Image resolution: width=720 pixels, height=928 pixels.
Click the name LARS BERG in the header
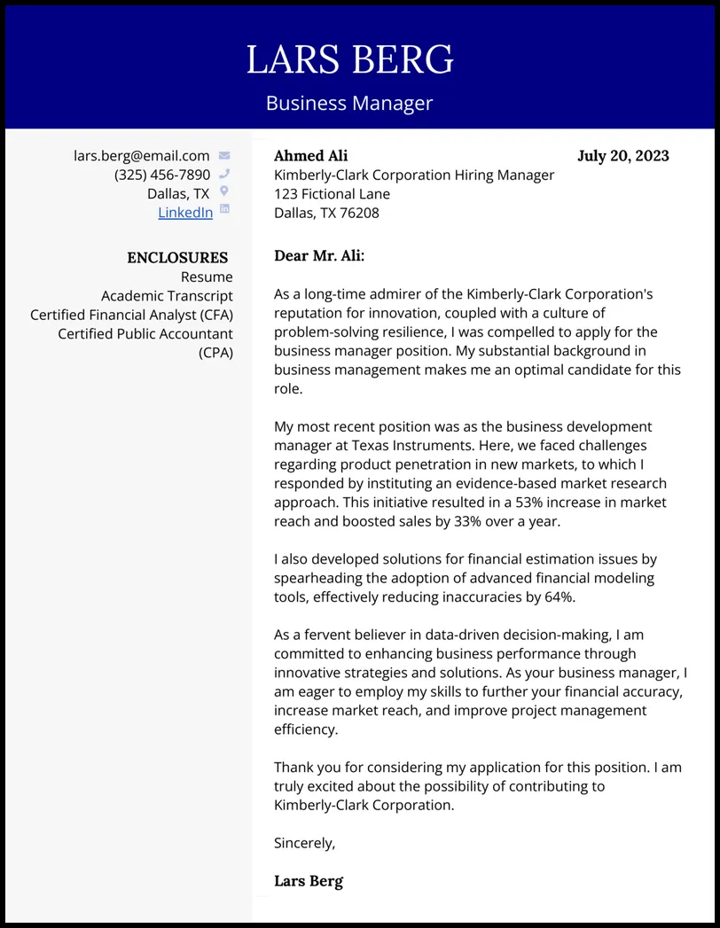pos(349,60)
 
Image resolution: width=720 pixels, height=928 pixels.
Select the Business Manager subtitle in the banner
pos(349,103)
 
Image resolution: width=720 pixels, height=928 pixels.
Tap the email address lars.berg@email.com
pos(142,156)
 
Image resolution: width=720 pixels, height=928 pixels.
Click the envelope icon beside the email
pos(224,156)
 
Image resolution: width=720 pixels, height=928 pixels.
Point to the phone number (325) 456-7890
pos(162,175)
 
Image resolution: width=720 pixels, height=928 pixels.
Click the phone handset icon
pos(224,175)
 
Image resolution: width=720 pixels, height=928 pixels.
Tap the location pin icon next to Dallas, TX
pos(224,191)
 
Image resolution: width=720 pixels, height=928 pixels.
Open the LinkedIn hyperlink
pos(185,212)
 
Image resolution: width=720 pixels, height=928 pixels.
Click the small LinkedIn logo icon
pos(224,209)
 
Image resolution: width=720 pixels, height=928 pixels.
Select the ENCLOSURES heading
pos(177,258)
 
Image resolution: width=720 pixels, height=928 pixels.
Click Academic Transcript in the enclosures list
pos(167,296)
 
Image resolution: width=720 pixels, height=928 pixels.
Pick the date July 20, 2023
pos(622,156)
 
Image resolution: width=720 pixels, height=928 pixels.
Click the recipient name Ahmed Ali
pos(310,156)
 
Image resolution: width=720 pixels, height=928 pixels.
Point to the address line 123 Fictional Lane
pos(332,194)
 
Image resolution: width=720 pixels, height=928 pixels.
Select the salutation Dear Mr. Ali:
pos(319,256)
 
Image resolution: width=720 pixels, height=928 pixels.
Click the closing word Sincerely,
pos(304,843)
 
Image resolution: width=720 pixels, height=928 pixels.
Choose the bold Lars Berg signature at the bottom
pos(308,881)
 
